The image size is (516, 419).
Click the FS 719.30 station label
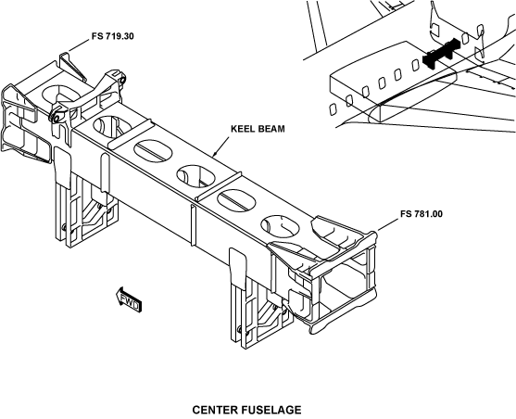pyautogui.click(x=113, y=36)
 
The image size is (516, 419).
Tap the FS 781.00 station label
pyautogui.click(x=422, y=214)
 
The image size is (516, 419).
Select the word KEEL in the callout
pyautogui.click(x=243, y=129)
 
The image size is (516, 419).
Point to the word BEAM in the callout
pyautogui.click(x=271, y=129)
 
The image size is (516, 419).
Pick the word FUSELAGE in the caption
pyautogui.click(x=272, y=410)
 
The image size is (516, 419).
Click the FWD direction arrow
pyautogui.click(x=129, y=300)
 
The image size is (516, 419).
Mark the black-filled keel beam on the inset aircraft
pyautogui.click(x=441, y=53)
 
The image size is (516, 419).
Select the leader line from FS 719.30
pyautogui.click(x=79, y=45)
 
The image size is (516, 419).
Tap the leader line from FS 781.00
pyautogui.click(x=388, y=224)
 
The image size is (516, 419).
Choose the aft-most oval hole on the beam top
pyautogui.click(x=281, y=226)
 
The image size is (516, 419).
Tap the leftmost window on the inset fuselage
pyautogui.click(x=333, y=109)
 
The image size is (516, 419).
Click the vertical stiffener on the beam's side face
pyautogui.click(x=194, y=225)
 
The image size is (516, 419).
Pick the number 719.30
pyautogui.click(x=120, y=36)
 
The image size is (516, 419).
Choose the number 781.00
pyautogui.click(x=429, y=214)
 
